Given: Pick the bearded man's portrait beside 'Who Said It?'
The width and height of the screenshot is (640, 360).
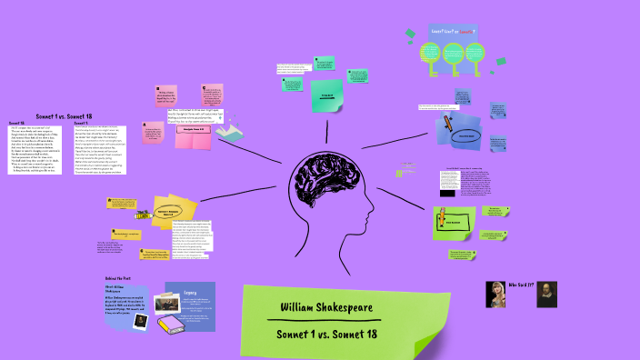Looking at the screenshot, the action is point(547,293).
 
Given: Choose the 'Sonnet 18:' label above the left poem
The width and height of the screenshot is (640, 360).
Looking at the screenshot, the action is point(17,123).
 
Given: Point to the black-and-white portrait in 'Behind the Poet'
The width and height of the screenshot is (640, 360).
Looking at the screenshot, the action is point(139,319).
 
